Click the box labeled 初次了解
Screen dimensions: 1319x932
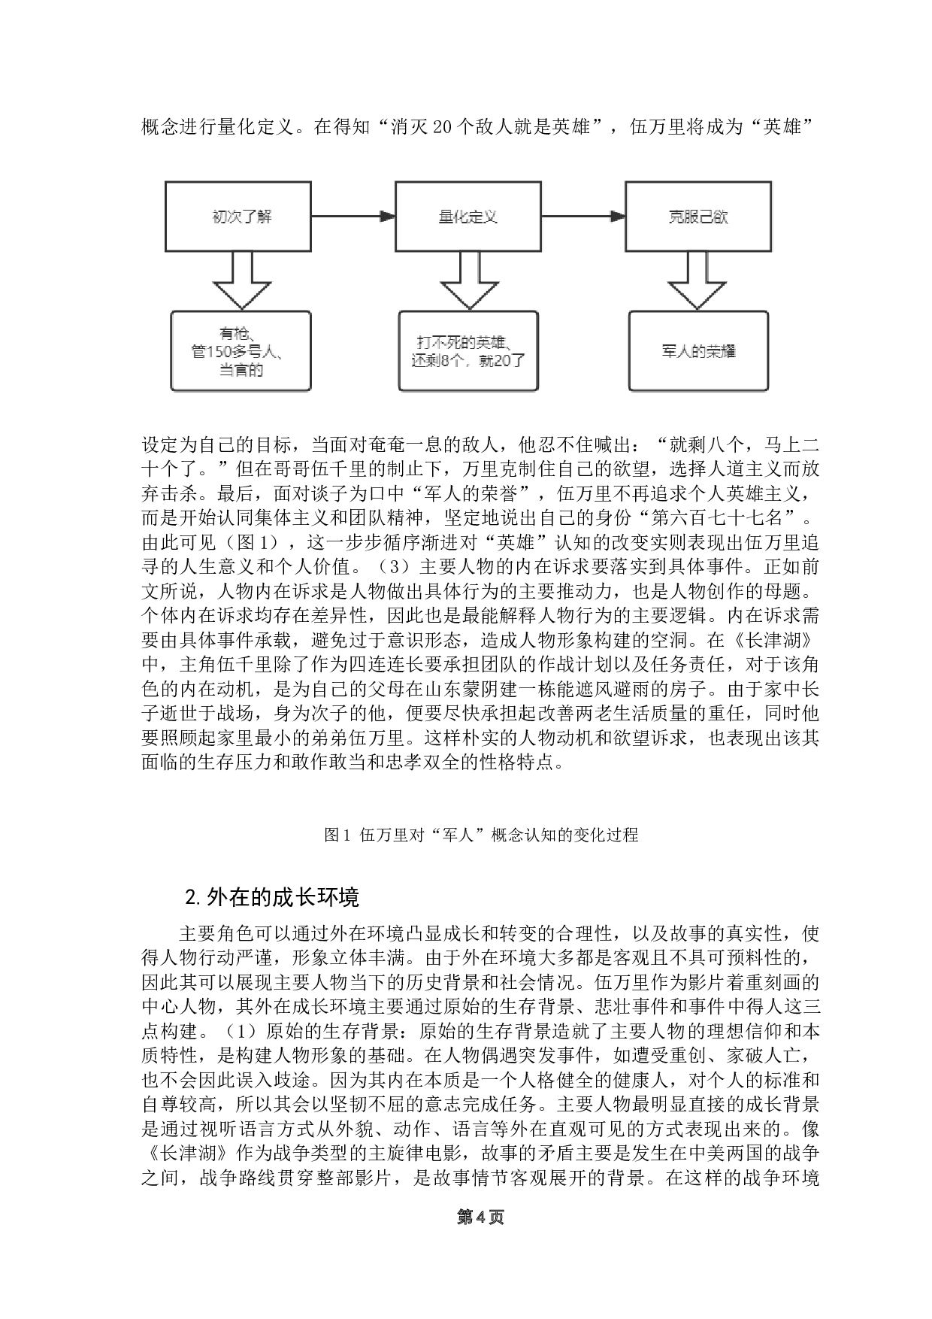(238, 217)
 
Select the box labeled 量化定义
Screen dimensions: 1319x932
(468, 217)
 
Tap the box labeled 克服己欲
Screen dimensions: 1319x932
(697, 217)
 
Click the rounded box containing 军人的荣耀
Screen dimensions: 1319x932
(698, 351)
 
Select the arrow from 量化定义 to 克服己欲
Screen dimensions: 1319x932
(582, 217)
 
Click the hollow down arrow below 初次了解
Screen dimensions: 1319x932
(242, 281)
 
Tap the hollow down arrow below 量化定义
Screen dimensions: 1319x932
(469, 281)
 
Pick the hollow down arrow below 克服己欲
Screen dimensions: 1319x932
(697, 281)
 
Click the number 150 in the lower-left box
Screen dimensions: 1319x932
(219, 351)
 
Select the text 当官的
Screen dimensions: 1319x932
(241, 369)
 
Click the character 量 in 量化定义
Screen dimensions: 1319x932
(446, 217)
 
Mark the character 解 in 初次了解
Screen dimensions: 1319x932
(265, 217)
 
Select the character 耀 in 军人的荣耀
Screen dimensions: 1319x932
(728, 351)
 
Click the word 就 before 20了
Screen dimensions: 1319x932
(487, 360)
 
